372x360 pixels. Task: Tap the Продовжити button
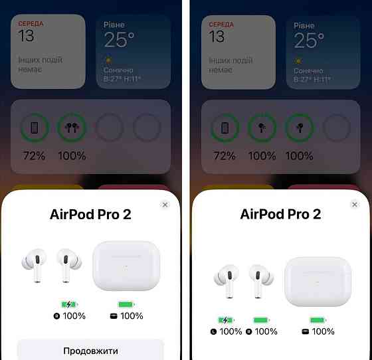90,351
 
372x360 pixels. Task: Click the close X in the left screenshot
165,205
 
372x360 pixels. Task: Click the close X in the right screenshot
355,205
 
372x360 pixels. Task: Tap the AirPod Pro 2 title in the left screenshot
90,215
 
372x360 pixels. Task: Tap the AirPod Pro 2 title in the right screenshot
280,214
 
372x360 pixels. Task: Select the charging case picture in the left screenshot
126,266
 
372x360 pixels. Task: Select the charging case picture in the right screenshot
318,281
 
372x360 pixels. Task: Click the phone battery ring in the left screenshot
35,114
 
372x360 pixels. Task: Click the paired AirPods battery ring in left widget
72,114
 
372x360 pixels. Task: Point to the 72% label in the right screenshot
225,156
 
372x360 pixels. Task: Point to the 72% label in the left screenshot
34,156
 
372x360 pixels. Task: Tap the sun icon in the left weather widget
108,60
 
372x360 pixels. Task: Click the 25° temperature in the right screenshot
309,40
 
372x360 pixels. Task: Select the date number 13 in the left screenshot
26,36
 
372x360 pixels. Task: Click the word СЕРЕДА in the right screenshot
221,25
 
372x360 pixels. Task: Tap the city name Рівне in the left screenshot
114,25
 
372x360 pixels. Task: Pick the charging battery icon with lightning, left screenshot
69,304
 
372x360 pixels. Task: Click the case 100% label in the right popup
323,331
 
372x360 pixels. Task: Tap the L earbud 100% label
231,331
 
